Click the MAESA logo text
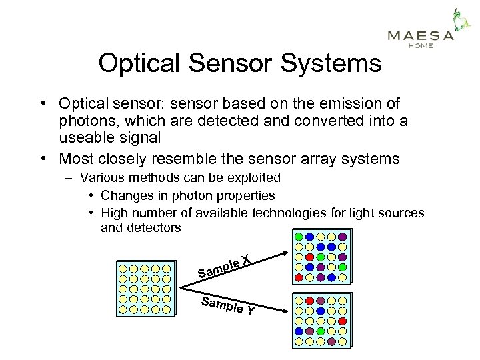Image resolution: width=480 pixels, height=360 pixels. pos(420,36)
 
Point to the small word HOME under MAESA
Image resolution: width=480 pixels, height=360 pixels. pos(420,46)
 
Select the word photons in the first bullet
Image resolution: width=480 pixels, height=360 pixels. pos(88,121)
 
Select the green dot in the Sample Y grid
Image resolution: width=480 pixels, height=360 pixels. pos(320,331)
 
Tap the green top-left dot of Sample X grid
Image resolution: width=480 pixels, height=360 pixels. pos(299,237)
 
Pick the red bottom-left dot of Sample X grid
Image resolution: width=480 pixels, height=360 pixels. pos(299,277)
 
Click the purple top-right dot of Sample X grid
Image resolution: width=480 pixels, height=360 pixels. pos(342,237)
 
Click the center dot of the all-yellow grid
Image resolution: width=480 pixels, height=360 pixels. pos(144,288)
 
